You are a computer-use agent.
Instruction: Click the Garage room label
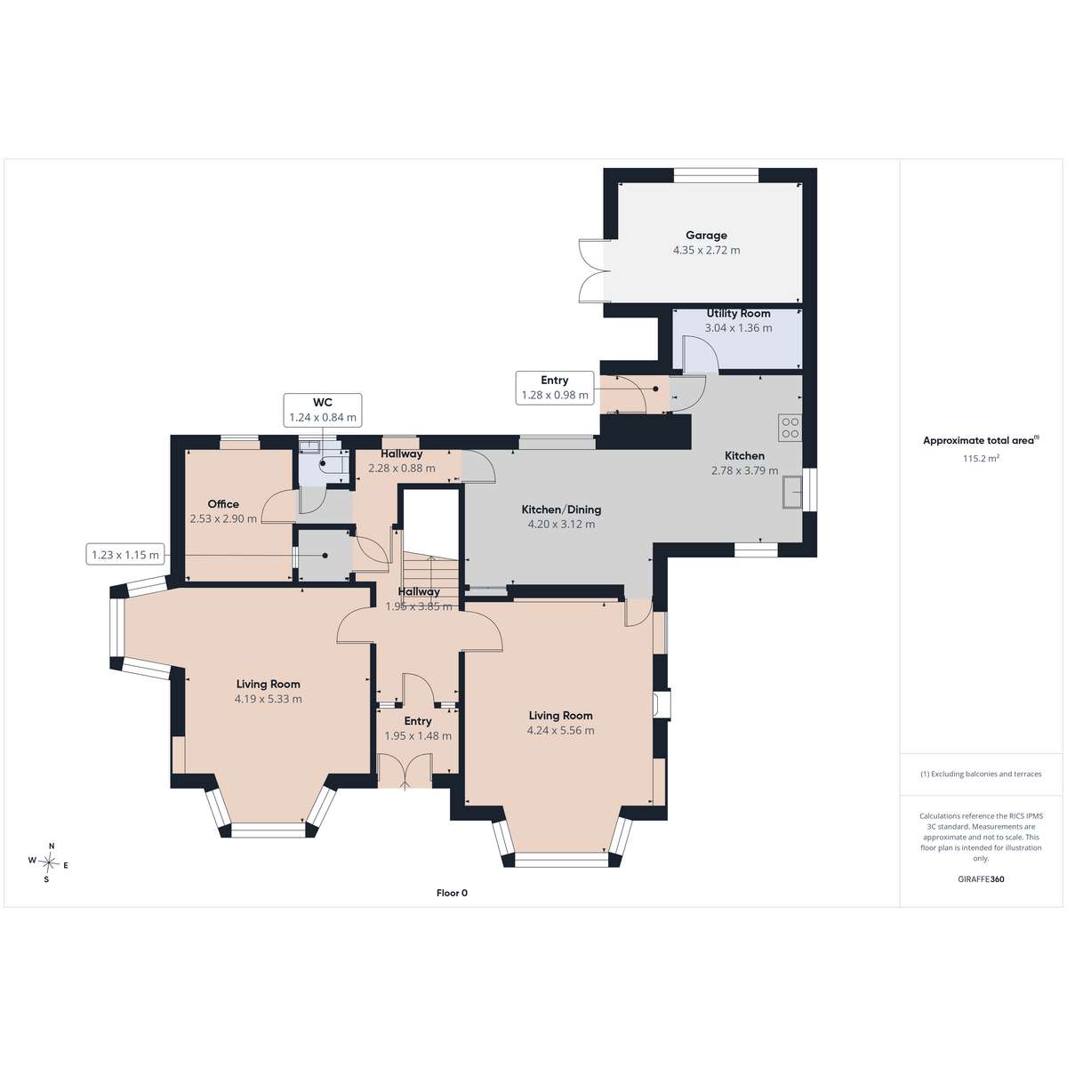[x=706, y=236]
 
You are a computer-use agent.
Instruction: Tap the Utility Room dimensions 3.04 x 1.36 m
[x=738, y=328]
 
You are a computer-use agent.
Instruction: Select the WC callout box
[x=323, y=410]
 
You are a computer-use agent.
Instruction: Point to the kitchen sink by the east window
[x=793, y=491]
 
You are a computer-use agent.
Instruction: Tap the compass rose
[x=49, y=862]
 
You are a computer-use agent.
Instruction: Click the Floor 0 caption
[x=452, y=893]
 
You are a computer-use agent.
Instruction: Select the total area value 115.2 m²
[x=981, y=459]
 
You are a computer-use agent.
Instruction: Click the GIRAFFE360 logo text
[x=981, y=878]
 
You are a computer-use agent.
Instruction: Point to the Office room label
[x=223, y=504]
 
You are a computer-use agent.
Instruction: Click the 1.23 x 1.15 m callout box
[x=125, y=554]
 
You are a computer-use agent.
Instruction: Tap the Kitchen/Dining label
[x=561, y=509]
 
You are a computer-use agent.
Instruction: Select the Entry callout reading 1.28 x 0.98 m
[x=555, y=388]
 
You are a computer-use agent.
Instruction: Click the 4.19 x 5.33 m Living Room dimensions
[x=268, y=699]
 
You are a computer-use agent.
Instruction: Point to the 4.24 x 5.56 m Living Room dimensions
[x=560, y=730]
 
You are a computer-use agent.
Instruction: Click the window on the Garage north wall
[x=716, y=175]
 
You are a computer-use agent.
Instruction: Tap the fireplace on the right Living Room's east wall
[x=662, y=703]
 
